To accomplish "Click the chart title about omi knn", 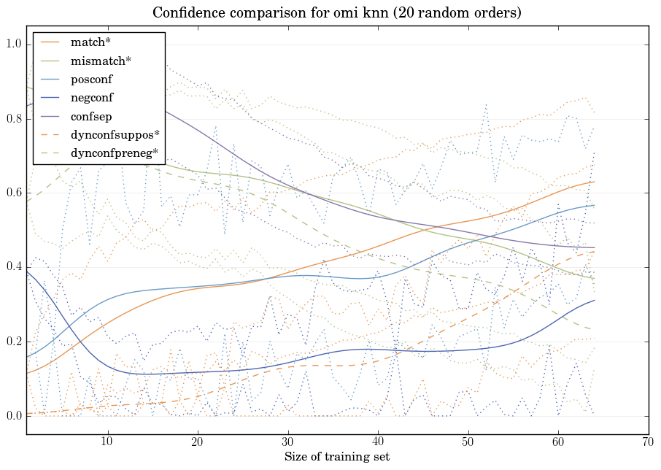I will [x=336, y=13].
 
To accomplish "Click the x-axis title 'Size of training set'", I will [x=336, y=457].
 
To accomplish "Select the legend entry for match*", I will [x=90, y=42].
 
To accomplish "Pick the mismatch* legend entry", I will [x=101, y=61].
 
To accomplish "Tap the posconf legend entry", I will [x=91, y=79].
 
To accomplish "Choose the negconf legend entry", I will [x=92, y=97].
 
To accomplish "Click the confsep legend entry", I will [x=90, y=115].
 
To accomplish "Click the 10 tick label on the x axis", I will [x=107, y=442].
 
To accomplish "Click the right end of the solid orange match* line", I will [x=595, y=182].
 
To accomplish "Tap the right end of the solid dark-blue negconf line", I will [x=595, y=300].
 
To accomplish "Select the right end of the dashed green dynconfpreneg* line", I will [x=595, y=330].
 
